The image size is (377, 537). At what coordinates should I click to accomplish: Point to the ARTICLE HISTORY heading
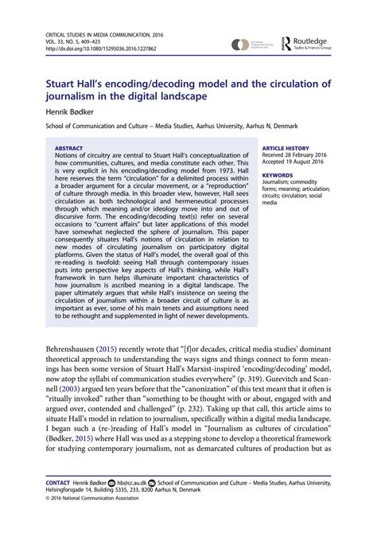pos(287,147)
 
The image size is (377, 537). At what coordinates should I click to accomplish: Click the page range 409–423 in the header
pos(94,41)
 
